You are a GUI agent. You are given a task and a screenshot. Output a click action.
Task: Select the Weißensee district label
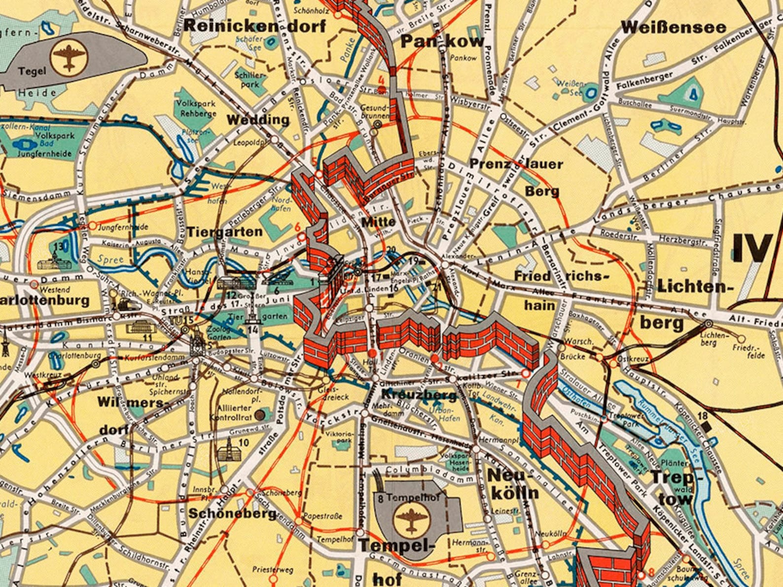click(x=673, y=28)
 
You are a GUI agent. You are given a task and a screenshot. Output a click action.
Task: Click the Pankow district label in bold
click(x=442, y=41)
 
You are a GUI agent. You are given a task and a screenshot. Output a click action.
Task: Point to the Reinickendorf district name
click(x=255, y=26)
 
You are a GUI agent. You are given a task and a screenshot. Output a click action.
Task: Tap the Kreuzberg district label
click(x=419, y=395)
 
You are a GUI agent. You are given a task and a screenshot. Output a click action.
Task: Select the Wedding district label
click(x=258, y=120)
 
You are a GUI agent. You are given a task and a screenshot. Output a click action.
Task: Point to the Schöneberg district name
click(x=232, y=513)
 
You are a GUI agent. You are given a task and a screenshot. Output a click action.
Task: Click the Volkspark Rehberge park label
click(x=198, y=108)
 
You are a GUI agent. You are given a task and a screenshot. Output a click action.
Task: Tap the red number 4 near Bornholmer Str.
click(x=381, y=80)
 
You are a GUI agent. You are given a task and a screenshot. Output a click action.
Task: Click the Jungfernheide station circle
click(x=92, y=226)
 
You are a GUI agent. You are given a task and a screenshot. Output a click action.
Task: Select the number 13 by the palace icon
click(x=59, y=246)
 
